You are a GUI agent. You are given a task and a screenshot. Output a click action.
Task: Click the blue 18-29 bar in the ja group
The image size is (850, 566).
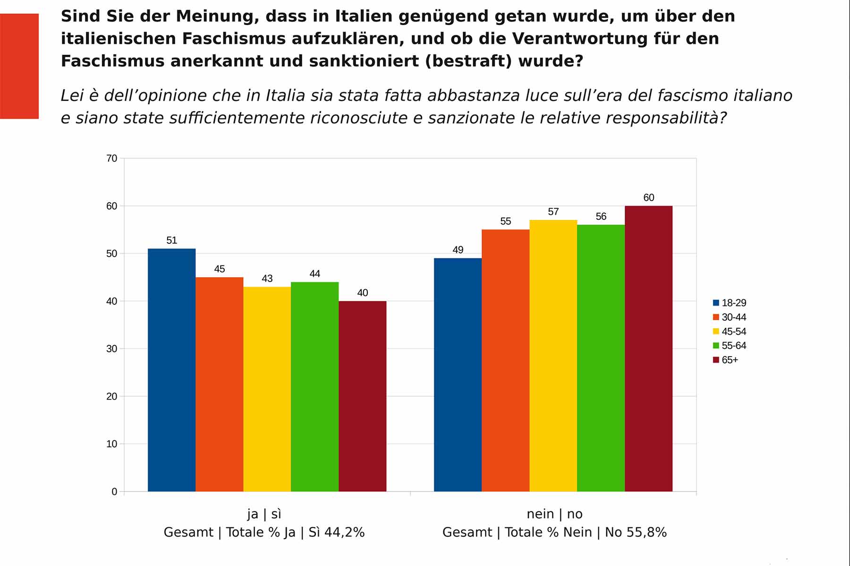pos(171,370)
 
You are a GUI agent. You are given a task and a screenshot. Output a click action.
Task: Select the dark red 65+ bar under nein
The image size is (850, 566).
pos(648,349)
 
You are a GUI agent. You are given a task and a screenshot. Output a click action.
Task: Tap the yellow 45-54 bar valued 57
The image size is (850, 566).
pos(553,356)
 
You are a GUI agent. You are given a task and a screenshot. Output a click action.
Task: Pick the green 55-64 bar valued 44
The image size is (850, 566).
pos(314,387)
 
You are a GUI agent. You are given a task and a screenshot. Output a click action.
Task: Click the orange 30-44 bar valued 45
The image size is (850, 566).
pos(219,384)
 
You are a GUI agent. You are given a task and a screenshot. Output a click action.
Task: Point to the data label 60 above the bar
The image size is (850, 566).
pos(649,198)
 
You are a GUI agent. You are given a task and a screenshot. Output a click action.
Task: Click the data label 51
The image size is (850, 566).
pos(171,241)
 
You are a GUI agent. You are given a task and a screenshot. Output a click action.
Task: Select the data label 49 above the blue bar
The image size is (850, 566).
pos(458,250)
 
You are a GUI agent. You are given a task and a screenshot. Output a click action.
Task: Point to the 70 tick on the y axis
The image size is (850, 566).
pos(111,158)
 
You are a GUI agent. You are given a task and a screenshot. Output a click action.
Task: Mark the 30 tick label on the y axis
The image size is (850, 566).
pos(111,349)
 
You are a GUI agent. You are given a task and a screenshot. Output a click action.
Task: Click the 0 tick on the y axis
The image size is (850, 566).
pos(114,491)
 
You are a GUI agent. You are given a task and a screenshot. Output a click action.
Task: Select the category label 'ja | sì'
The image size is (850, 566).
pos(264,514)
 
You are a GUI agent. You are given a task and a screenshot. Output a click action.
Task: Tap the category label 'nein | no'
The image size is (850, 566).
pos(554,514)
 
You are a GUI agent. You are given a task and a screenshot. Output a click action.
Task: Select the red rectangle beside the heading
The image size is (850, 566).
pos(19,66)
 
